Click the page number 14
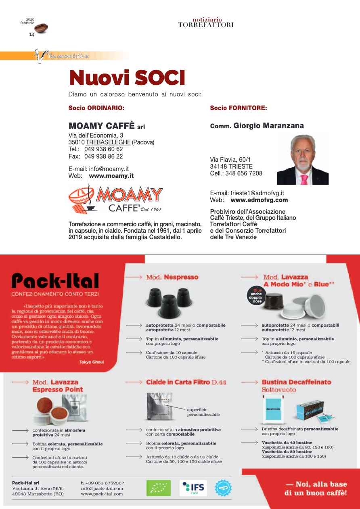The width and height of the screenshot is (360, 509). (31, 35)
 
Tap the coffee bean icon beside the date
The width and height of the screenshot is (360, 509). (41, 28)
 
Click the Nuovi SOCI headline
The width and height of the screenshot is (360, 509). (127, 78)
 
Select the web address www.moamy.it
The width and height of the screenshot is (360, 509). (111, 176)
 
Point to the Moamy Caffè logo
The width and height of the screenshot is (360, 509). (116, 198)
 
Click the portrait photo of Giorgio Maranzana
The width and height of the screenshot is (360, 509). (303, 160)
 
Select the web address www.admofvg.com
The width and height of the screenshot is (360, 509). (259, 200)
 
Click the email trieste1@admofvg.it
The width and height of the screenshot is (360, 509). (257, 193)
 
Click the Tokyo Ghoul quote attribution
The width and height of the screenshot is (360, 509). (92, 362)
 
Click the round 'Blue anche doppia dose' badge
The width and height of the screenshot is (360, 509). (257, 296)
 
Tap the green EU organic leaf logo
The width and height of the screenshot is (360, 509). (158, 488)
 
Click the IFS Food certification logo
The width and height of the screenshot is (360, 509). (193, 488)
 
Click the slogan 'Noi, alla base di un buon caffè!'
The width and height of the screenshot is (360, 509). (316, 488)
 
